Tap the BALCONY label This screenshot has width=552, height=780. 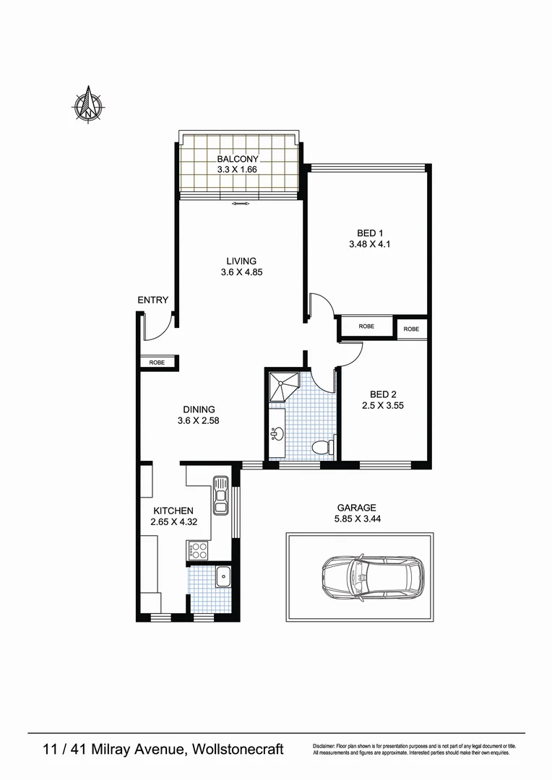click(238, 159)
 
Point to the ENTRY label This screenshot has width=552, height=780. click(153, 300)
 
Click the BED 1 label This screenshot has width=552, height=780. click(369, 233)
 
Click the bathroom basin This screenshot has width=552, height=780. click(277, 434)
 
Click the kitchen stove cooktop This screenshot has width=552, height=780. click(198, 552)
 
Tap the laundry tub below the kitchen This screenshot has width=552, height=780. click(223, 576)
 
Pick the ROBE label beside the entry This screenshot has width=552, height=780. click(157, 363)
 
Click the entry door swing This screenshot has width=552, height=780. click(157, 326)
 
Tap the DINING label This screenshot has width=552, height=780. click(198, 409)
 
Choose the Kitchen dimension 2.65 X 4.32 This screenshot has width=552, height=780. click(172, 522)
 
